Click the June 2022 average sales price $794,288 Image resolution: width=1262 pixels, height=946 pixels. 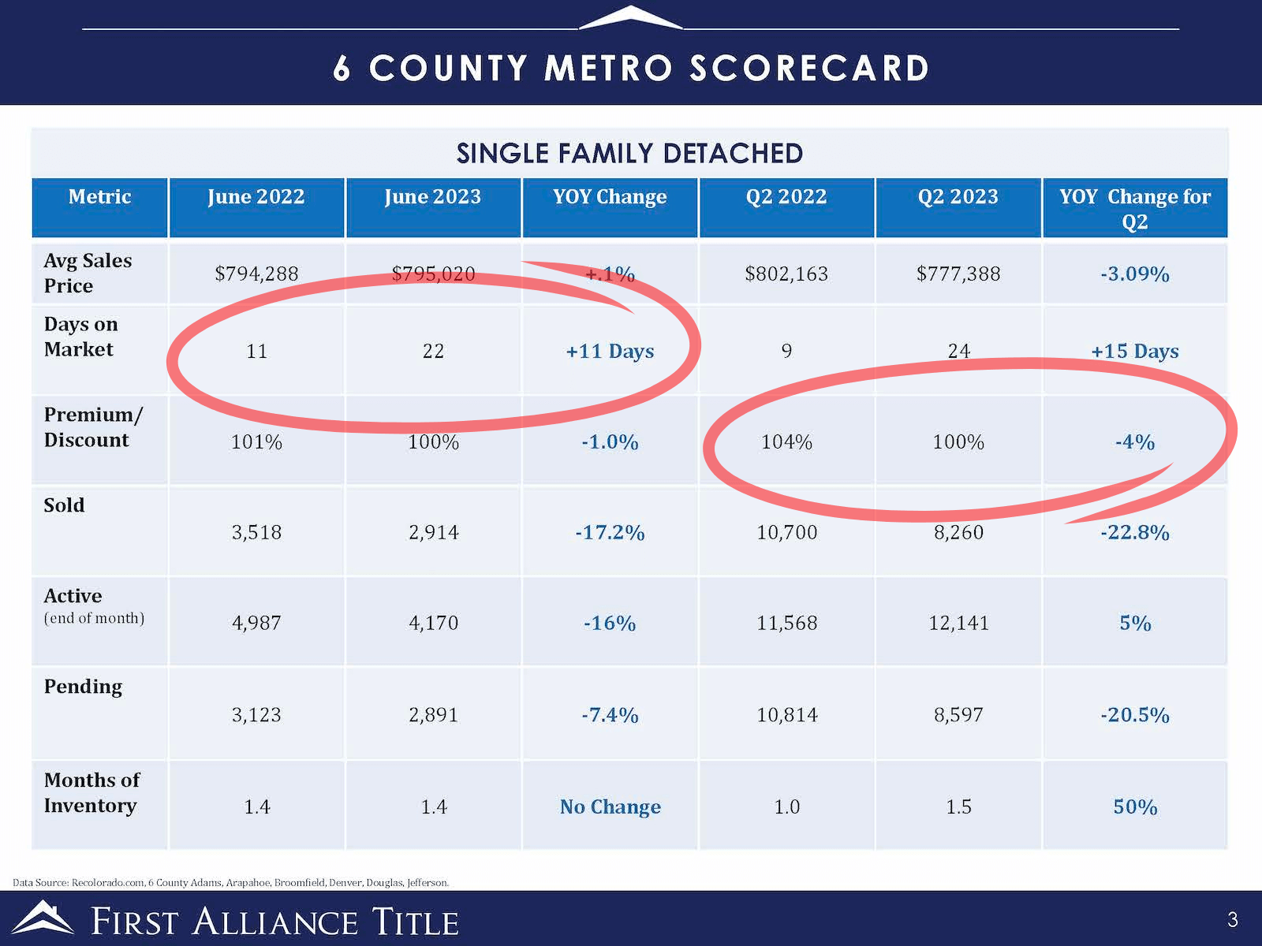[256, 274]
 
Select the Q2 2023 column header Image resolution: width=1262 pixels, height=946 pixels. [958, 197]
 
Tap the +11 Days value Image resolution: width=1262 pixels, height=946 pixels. [610, 351]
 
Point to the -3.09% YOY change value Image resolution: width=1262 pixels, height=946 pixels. [1134, 274]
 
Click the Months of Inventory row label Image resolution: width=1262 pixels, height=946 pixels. [91, 792]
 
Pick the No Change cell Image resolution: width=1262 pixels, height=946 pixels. [610, 806]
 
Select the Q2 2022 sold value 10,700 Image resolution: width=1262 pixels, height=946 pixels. [786, 532]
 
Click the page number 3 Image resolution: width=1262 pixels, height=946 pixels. [1232, 919]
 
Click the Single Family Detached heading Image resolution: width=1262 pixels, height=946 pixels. [629, 153]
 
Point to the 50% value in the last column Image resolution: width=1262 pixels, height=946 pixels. [1134, 806]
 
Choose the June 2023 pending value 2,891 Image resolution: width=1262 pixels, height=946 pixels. [433, 714]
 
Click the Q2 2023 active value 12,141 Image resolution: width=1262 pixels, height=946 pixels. [958, 623]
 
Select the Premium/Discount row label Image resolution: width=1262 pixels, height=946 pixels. [92, 427]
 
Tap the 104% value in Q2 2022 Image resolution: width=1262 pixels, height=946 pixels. [786, 441]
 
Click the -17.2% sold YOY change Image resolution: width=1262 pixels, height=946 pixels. [610, 532]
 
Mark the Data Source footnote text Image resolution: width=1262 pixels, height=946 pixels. [230, 882]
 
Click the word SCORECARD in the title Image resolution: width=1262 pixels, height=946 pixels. [809, 69]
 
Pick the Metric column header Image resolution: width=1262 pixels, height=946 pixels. [99, 197]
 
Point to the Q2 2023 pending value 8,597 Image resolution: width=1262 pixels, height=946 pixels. [958, 714]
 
